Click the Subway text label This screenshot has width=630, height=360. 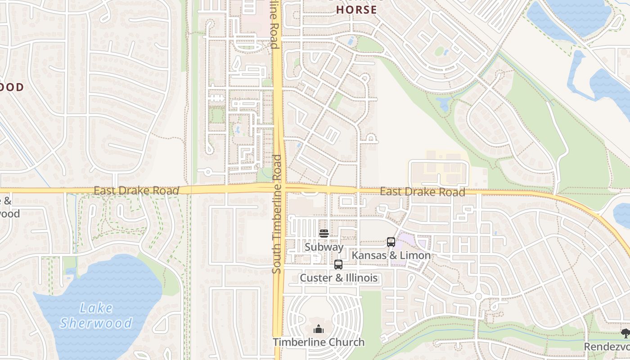coord(324,247)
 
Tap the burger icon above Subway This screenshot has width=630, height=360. coord(324,233)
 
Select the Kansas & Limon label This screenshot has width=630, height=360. coord(391,255)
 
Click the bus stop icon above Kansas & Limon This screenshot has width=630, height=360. coord(391,242)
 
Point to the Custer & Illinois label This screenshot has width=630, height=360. coord(338,278)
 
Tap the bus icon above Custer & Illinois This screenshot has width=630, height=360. coord(338,265)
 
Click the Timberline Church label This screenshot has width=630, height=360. coord(319,342)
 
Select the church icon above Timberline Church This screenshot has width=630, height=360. coord(319,329)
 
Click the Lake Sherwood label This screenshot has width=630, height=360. coord(96,315)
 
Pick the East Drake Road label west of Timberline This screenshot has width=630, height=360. coord(136,191)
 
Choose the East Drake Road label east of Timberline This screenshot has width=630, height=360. coord(422,192)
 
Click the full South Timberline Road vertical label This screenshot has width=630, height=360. coord(277,214)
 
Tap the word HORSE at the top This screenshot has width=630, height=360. coord(356,9)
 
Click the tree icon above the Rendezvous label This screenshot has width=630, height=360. coord(625,333)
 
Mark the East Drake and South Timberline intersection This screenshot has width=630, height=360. coord(279,188)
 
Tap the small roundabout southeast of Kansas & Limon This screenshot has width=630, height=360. coord(478,297)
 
